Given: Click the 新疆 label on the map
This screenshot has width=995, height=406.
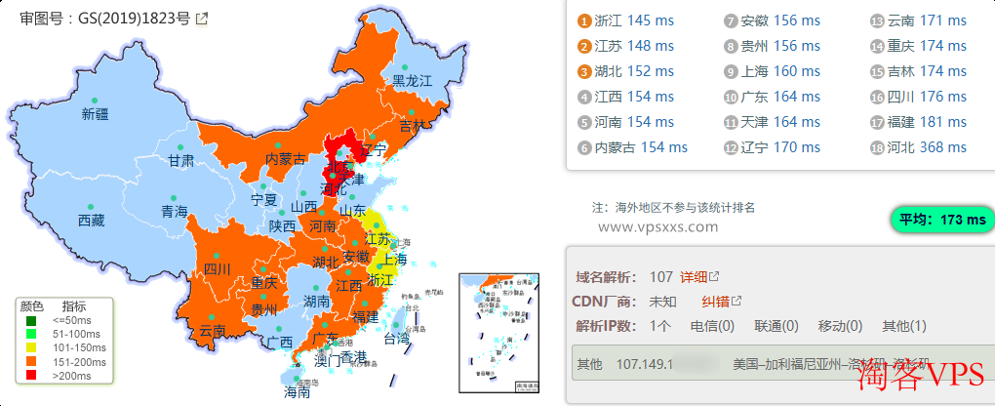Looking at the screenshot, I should pos(95,114).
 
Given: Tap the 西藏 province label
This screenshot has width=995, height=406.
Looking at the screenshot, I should pos(91,221).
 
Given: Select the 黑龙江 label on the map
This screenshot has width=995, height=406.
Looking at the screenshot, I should pos(412,81).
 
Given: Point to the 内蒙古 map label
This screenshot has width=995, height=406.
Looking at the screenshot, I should pos(286,159).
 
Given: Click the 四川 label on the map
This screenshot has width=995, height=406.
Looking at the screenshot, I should pos(218,269).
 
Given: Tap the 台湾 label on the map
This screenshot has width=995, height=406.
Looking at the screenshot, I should pos(396,340).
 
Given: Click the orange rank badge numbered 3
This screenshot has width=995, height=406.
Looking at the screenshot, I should pos(584,71).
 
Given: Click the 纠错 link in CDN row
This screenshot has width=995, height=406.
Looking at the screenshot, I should pos(715,302).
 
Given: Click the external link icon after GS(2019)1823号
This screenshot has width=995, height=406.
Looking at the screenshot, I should pos(201,19).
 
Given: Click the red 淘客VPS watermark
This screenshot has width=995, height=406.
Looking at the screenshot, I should pos(922,381).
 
